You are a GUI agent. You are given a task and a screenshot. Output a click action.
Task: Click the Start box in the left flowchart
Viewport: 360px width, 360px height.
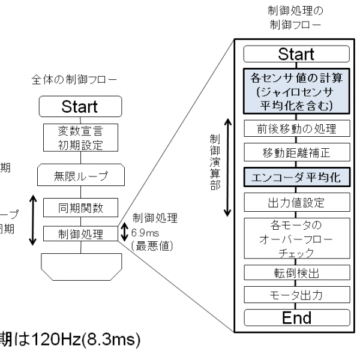tap(79, 107)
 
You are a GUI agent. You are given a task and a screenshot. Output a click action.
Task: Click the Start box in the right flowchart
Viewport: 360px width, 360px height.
tap(296, 54)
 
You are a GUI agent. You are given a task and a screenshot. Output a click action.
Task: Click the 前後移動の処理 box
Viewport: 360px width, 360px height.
tap(296, 128)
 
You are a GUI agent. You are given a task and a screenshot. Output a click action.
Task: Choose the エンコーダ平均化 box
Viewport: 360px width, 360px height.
tap(296, 178)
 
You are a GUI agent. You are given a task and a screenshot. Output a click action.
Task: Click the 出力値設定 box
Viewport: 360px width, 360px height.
tap(296, 203)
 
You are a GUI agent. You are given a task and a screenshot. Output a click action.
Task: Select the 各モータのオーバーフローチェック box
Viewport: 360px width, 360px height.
tap(296, 238)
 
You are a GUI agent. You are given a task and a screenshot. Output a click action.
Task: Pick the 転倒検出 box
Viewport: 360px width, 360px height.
tap(296, 272)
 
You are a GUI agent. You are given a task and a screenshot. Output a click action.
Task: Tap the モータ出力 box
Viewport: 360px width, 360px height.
tap(296, 295)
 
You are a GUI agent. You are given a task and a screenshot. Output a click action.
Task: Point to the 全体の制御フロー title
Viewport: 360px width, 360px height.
tap(75, 80)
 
